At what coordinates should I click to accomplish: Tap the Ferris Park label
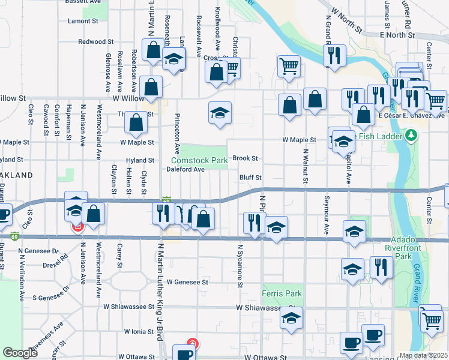282,294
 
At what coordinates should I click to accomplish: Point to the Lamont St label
83,20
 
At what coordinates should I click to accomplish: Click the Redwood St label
95,42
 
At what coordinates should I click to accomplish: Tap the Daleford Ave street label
186,169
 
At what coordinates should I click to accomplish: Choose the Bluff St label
250,178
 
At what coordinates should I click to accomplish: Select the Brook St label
245,158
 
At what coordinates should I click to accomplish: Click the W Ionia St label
139,331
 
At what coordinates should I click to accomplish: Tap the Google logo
20,353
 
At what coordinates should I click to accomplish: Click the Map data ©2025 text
424,355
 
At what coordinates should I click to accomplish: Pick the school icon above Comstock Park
220,112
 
